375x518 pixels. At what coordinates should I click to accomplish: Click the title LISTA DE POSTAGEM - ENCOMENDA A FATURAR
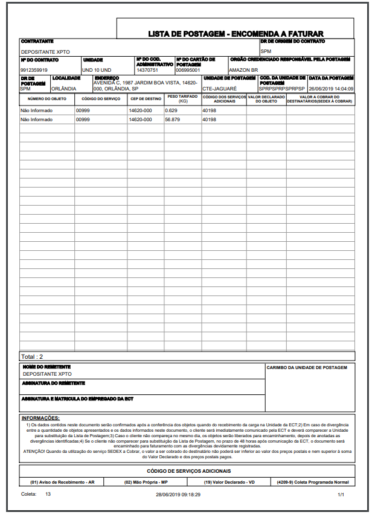pos(236,34)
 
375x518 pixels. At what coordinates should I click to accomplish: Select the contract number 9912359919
pos(34,71)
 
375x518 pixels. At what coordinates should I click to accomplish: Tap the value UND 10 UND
pos(97,71)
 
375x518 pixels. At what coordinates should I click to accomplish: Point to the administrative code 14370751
pos(147,71)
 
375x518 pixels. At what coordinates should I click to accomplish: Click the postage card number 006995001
pos(188,71)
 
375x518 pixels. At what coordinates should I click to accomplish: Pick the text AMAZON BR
pos(243,71)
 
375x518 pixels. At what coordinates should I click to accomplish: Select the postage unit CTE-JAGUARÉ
pos(220,89)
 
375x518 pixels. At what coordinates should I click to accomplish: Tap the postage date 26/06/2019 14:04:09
pos(331,89)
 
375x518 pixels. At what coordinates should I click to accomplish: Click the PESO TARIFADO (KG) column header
pos(182,98)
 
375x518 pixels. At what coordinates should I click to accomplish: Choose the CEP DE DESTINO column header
pos(146,98)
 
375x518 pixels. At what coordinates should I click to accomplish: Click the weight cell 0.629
pos(171,111)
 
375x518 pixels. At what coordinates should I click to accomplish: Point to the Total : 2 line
pos(33,356)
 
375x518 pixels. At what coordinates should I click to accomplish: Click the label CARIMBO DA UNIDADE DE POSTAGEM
pos(307,367)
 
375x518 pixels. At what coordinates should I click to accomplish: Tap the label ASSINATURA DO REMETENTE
pos(54,383)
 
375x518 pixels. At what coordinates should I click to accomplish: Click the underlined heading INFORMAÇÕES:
pos(40,418)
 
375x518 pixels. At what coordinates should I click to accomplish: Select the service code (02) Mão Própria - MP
pos(146,482)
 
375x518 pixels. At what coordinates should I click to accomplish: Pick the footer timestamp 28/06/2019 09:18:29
pos(178,494)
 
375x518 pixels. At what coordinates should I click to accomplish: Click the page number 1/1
pos(341,494)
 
